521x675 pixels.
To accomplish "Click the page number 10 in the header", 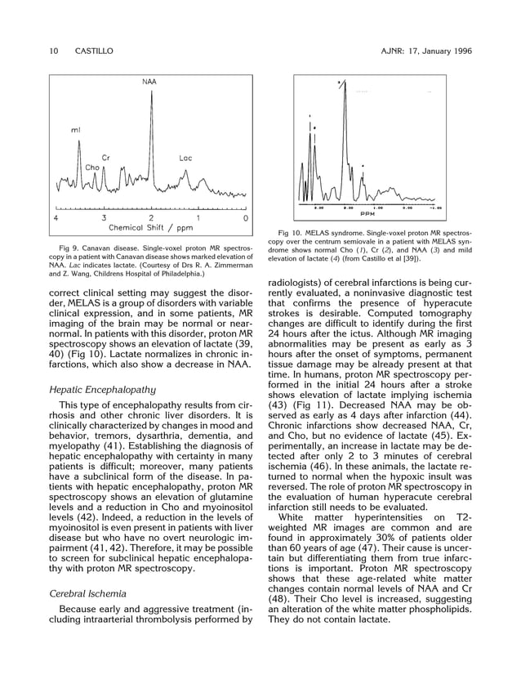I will click(53, 51).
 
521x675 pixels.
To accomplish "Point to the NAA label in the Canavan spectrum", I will click(149, 83).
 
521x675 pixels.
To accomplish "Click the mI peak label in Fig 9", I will click(76, 131).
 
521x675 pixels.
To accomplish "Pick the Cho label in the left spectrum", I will click(92, 168).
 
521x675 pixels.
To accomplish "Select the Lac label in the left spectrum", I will click(185, 158).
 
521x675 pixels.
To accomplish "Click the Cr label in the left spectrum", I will click(106, 157).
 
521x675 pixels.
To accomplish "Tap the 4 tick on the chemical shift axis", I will click(56, 219).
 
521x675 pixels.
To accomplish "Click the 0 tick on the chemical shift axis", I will click(246, 219).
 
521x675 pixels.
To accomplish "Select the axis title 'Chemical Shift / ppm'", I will click(150, 228).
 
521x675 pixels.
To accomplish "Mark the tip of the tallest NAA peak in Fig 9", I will click(150, 92).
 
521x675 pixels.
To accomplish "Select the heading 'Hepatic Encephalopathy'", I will click(102, 390).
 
